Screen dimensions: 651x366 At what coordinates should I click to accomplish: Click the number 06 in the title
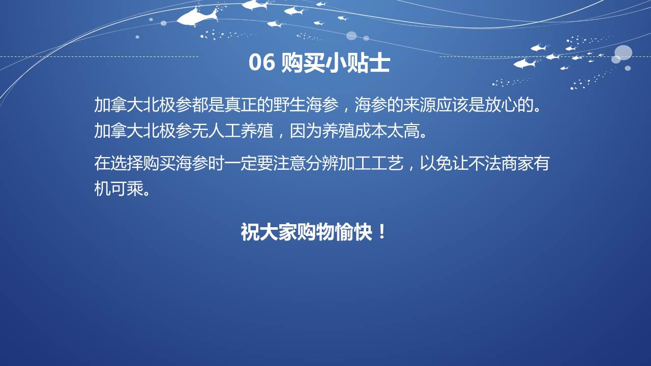[261, 62]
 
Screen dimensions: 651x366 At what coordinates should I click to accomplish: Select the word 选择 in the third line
[127, 163]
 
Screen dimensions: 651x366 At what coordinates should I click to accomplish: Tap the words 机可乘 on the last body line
[119, 189]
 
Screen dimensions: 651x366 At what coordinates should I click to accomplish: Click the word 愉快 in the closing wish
[353, 232]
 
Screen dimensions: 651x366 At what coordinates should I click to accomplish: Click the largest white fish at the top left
[198, 17]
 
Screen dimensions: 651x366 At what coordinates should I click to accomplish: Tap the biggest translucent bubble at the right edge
[623, 52]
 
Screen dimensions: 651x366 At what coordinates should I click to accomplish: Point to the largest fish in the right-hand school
[524, 64]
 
